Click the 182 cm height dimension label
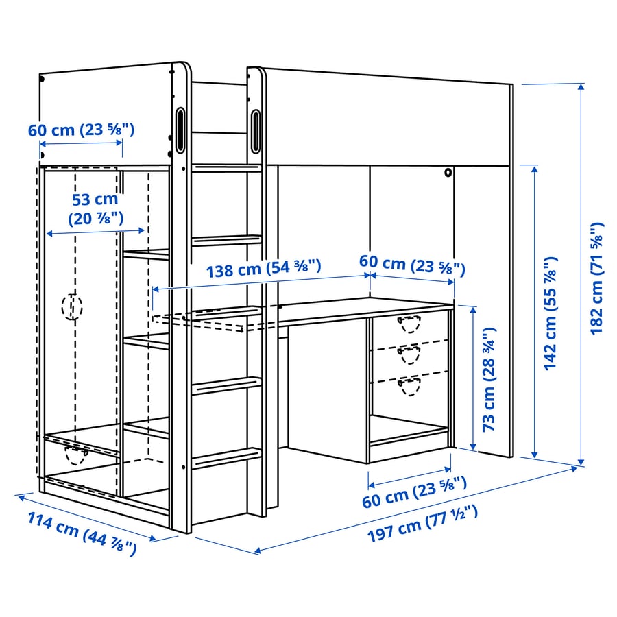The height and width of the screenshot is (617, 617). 597,278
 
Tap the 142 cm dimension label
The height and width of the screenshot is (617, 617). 551,313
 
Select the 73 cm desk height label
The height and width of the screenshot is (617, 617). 489,379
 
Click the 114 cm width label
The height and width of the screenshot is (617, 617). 82,533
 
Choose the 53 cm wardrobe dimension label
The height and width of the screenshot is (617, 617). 95,209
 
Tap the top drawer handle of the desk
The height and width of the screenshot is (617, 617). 409,324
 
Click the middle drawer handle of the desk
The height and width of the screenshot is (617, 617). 409,354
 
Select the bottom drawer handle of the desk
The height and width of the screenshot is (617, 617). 409,386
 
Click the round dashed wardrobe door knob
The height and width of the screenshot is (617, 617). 72,306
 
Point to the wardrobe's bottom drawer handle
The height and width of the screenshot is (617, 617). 76,455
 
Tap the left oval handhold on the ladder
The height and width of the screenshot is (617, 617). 180,130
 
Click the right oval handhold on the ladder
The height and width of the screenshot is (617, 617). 256,131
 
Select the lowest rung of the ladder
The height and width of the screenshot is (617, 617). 226,458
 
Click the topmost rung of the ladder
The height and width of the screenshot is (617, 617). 226,168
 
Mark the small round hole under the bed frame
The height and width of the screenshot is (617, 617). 448,172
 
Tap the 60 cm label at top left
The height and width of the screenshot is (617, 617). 81,130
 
